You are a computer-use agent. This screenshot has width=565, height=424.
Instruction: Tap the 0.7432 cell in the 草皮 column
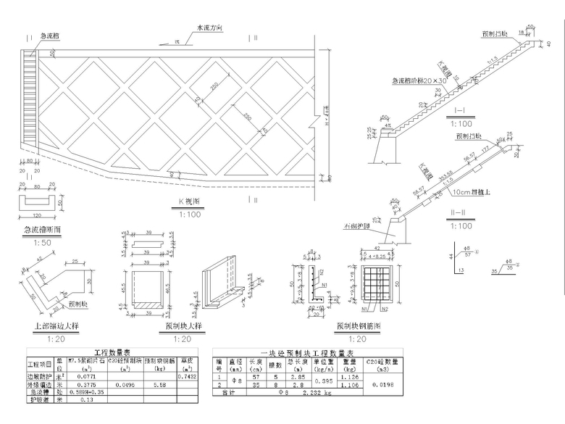[x=187, y=378]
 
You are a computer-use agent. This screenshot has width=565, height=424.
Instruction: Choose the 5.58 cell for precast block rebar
[x=160, y=385]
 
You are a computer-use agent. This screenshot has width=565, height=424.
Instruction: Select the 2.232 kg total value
[x=316, y=395]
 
